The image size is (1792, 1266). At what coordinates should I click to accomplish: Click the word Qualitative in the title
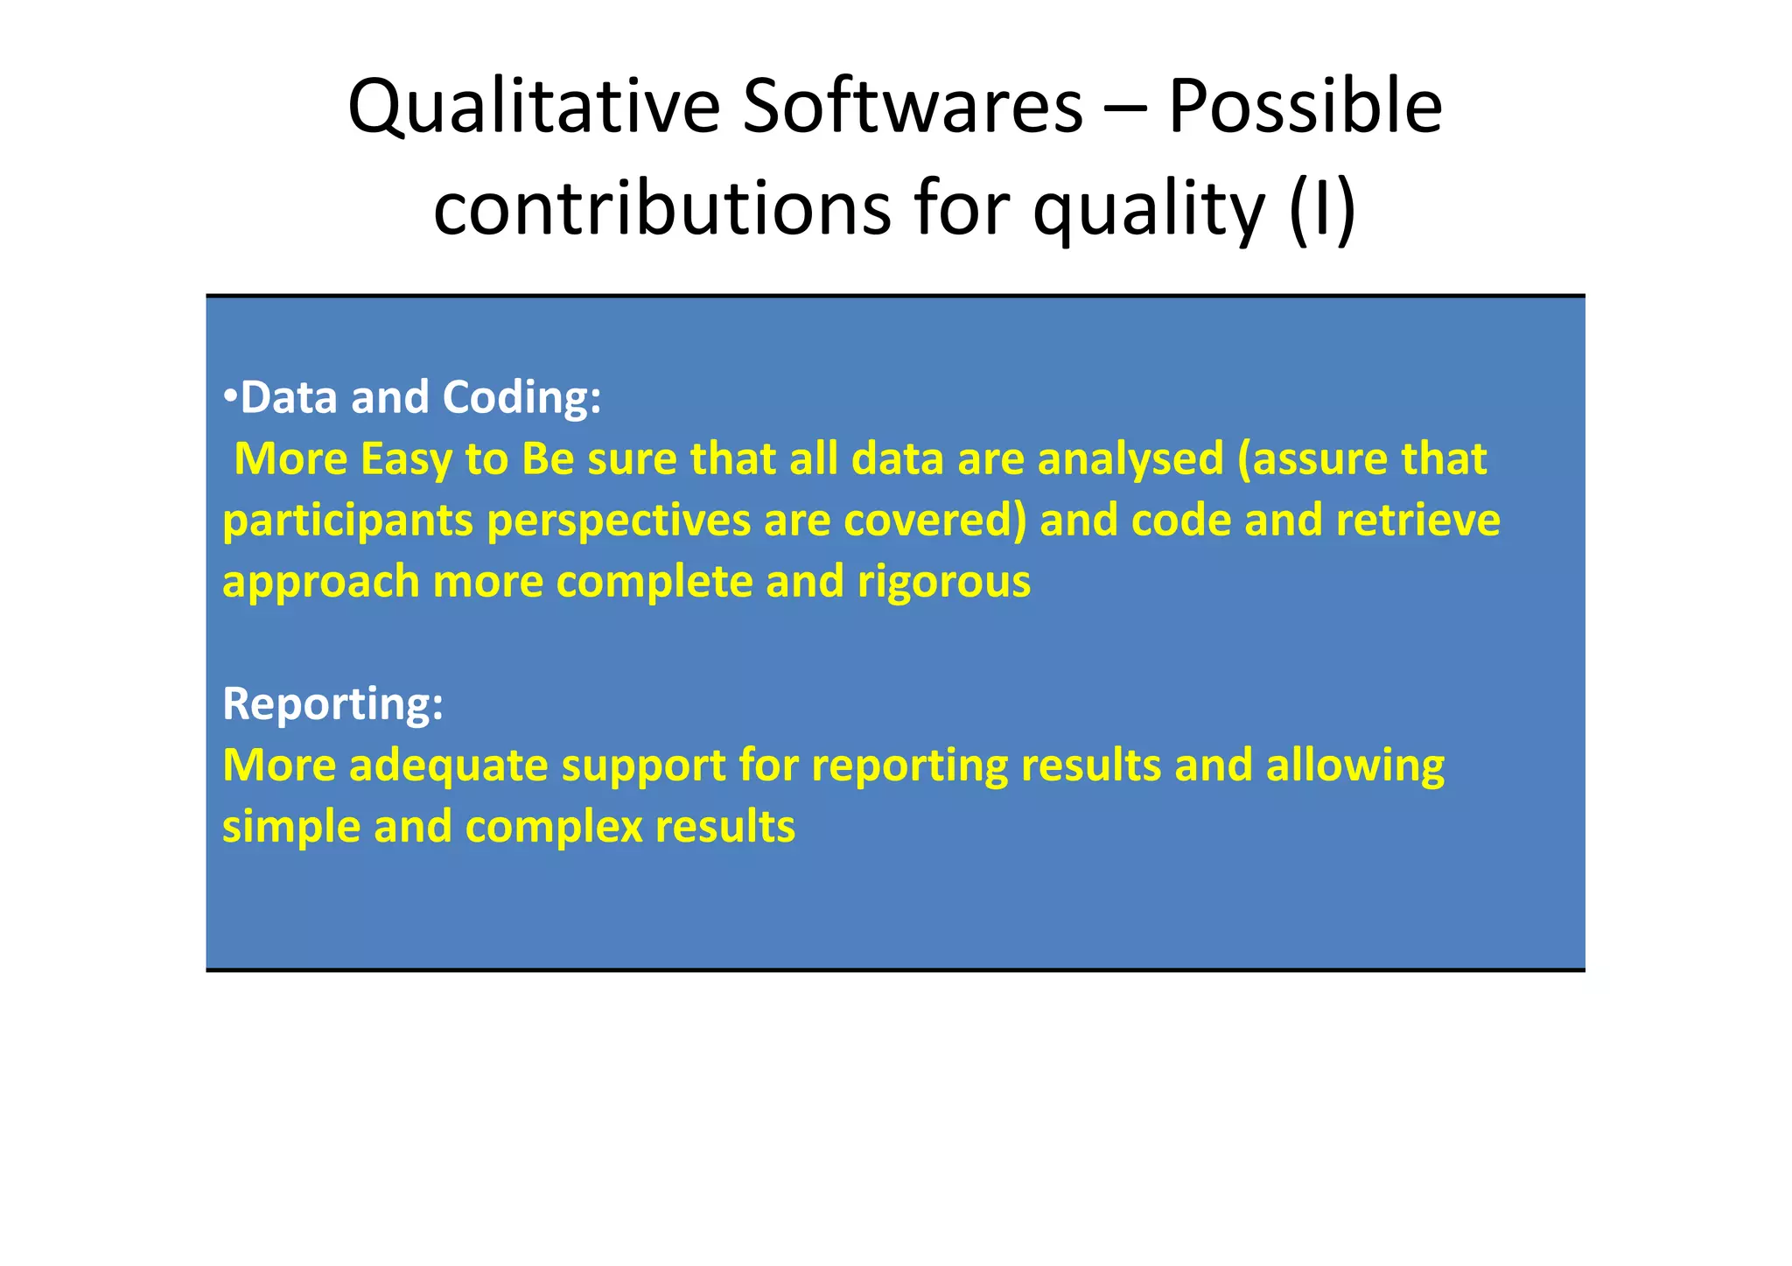(533, 107)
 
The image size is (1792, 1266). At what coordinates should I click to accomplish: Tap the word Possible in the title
(1305, 107)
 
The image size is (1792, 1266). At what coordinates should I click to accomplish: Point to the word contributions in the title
(662, 209)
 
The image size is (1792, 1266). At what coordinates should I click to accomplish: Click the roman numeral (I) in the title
(1322, 209)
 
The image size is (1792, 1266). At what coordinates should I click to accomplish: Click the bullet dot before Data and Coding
(229, 396)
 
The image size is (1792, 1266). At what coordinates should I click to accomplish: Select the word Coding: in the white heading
(521, 399)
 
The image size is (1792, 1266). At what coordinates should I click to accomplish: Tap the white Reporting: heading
(332, 704)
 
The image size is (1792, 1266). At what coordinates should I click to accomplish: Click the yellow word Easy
(406, 460)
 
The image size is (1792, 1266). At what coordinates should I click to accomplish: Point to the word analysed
(1130, 460)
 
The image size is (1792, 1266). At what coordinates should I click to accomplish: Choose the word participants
(348, 521)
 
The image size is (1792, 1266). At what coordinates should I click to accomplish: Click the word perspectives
(619, 521)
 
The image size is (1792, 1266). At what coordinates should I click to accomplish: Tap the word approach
(321, 583)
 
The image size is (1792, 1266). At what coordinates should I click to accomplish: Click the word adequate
(448, 766)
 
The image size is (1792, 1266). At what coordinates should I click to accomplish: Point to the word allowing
(1354, 766)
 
